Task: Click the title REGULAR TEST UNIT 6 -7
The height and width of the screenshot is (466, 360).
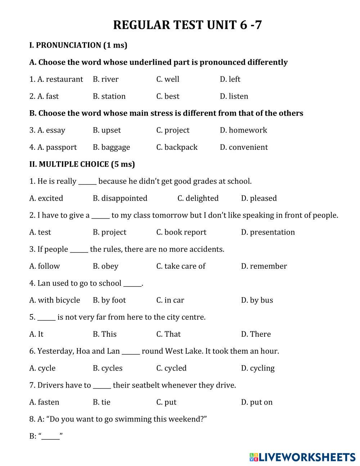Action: [187, 25]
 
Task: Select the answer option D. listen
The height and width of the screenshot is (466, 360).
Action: [234, 96]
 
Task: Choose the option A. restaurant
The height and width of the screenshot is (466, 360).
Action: [56, 79]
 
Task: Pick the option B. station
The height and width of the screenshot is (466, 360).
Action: [109, 96]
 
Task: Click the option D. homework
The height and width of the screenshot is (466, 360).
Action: [243, 130]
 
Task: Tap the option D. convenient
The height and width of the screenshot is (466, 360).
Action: [244, 147]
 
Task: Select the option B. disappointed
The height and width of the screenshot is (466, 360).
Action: [120, 198]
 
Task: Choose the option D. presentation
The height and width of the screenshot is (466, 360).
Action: [268, 232]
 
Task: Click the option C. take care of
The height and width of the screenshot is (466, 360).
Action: [181, 266]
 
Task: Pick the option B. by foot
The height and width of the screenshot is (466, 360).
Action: [109, 300]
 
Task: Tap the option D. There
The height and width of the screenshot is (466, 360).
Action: [256, 334]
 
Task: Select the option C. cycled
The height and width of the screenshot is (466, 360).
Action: [171, 368]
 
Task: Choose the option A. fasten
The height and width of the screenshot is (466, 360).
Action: [44, 402]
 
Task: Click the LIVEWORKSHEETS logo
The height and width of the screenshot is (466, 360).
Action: [302, 457]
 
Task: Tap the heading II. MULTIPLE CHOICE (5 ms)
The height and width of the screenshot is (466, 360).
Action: [82, 164]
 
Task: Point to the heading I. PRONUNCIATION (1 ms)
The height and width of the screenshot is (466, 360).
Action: [78, 45]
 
